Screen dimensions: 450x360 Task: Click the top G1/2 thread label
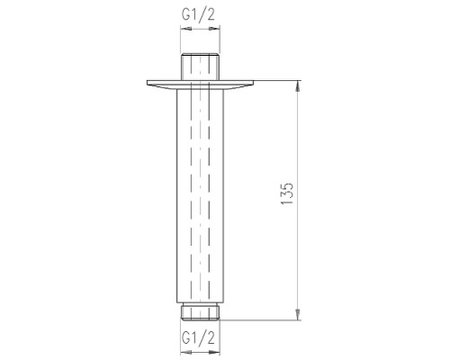point(198,14)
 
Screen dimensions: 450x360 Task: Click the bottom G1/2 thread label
point(198,338)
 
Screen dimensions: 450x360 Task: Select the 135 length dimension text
point(287,193)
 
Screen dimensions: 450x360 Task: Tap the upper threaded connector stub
point(200,67)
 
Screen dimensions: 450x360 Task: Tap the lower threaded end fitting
point(200,311)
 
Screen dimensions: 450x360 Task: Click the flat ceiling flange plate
point(201,85)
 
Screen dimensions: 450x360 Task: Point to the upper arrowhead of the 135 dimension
point(298,86)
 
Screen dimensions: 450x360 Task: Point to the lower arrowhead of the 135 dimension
point(298,315)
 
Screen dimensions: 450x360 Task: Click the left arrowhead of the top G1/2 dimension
point(185,29)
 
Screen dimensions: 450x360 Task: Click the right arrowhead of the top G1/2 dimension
point(214,29)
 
